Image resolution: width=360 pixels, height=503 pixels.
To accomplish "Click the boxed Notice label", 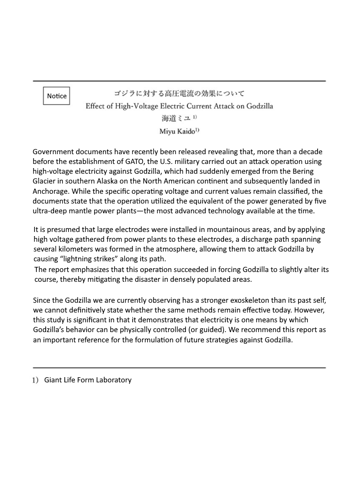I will point(56,96).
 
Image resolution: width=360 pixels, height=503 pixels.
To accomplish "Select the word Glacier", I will point(45,181).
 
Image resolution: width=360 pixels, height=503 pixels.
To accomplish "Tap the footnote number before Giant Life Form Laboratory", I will point(35,380).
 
